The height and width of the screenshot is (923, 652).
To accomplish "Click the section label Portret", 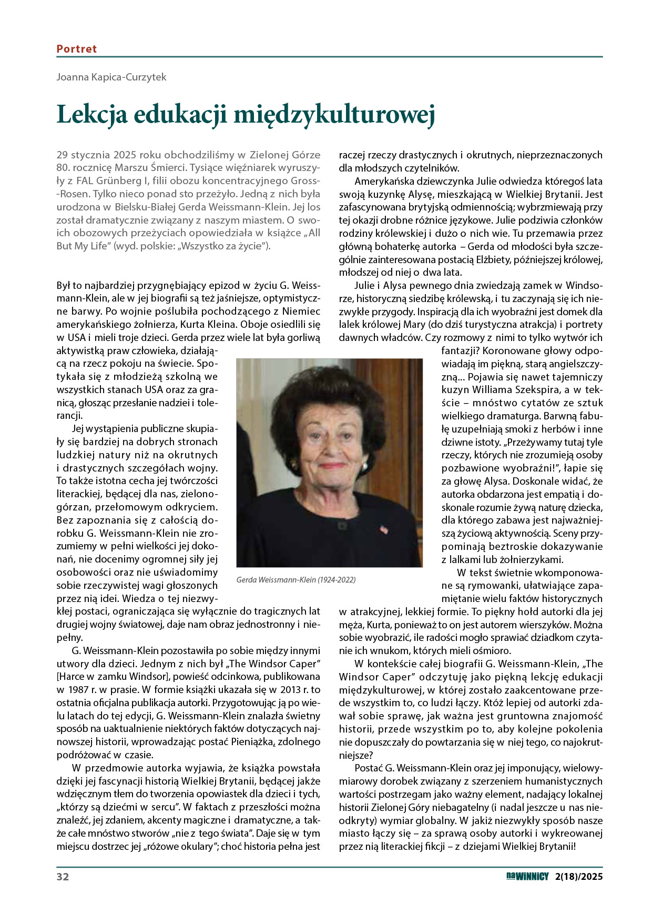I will point(77,49).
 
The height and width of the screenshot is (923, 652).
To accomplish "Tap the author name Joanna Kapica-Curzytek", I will point(111,77).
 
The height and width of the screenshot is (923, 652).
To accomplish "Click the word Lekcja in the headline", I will point(92,114).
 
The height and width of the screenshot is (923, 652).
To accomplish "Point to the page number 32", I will point(63,877).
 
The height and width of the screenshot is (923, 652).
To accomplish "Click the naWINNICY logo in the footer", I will point(527,876).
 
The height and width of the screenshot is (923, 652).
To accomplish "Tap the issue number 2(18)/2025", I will point(578,877).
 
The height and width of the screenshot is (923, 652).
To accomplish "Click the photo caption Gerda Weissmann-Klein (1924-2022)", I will point(296,579).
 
